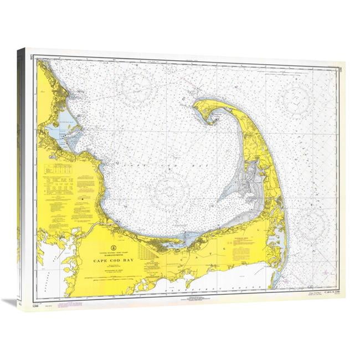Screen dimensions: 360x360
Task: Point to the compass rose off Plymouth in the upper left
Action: coord(139,88)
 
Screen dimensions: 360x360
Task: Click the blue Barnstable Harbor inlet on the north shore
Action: coord(186,240)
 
